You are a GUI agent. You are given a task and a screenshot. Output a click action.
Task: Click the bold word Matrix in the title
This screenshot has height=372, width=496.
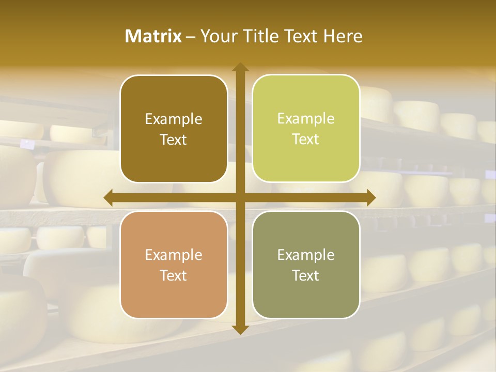point(153,36)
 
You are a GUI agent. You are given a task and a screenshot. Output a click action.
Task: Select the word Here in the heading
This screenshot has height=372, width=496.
point(343,36)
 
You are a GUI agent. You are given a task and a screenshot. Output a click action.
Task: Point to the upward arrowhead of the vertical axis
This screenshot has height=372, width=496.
point(240,67)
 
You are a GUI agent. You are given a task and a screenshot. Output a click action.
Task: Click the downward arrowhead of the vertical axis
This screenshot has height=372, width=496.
point(240,330)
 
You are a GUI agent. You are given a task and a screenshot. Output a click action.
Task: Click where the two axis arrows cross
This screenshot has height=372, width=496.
point(240,197)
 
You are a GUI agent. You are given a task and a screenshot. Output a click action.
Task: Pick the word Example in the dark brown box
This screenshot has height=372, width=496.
point(174,119)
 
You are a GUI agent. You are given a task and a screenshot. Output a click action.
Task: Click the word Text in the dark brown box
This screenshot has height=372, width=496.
point(174,140)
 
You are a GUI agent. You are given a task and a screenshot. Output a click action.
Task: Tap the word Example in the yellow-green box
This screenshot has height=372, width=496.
point(306,118)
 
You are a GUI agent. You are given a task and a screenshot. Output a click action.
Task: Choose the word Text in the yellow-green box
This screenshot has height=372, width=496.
point(306,139)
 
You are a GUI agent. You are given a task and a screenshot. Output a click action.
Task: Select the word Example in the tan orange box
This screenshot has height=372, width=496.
point(174,255)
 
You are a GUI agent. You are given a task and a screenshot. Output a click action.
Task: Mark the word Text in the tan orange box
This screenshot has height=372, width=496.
point(174,276)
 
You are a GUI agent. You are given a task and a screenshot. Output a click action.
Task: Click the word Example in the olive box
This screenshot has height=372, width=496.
point(306,255)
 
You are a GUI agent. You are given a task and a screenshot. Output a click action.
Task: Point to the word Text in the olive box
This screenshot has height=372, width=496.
point(306,276)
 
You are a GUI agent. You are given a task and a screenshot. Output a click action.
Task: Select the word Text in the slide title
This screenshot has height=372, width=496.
point(301,36)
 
